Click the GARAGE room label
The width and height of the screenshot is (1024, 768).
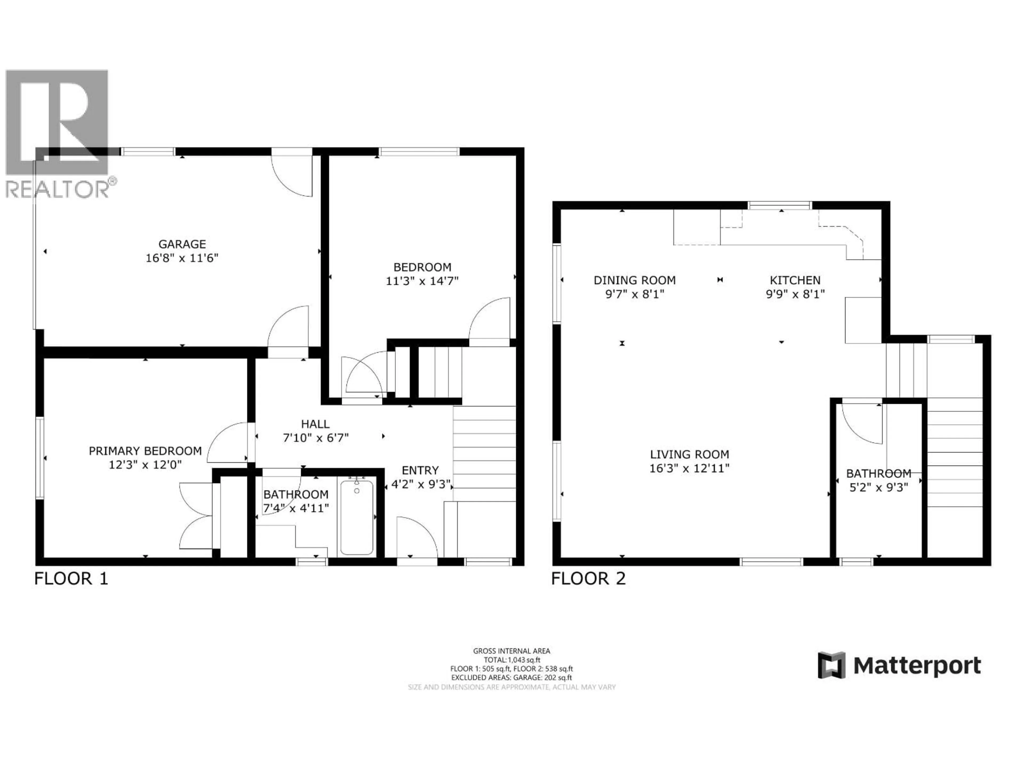pyautogui.click(x=182, y=244)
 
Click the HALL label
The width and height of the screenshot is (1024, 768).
pyautogui.click(x=315, y=424)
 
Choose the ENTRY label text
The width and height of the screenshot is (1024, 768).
pyautogui.click(x=420, y=470)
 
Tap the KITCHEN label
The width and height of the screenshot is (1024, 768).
pyautogui.click(x=795, y=280)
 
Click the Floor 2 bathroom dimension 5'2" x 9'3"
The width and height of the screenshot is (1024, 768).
pyautogui.click(x=878, y=487)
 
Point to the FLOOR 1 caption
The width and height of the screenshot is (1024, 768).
pyautogui.click(x=71, y=579)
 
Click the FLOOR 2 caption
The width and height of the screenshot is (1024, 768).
pyautogui.click(x=588, y=579)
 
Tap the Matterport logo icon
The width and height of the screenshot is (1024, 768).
pyautogui.click(x=831, y=666)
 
